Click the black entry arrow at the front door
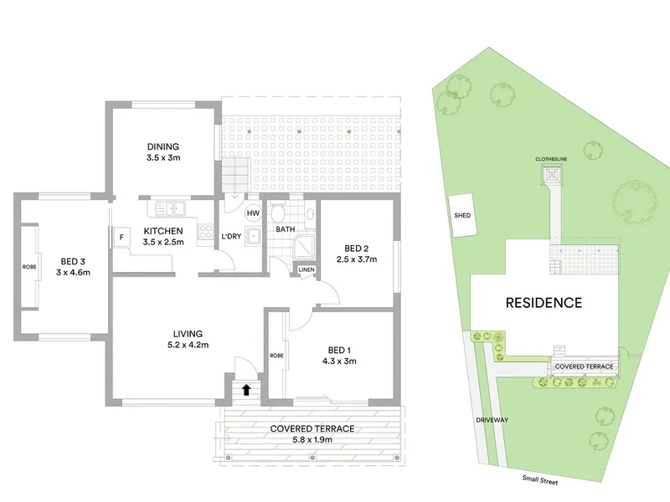pyautogui.click(x=246, y=390)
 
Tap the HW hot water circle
pyautogui.click(x=253, y=213)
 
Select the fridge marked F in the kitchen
pyautogui.click(x=121, y=238)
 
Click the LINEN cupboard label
pyautogui.click(x=307, y=269)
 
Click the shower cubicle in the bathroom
pyautogui.click(x=305, y=247)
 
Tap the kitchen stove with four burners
pyautogui.click(x=205, y=232)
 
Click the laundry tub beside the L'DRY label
pyautogui.click(x=254, y=238)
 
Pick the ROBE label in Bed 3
pyautogui.click(x=29, y=267)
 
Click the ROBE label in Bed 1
pyautogui.click(x=276, y=356)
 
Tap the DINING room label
pyautogui.click(x=163, y=146)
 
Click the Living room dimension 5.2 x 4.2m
pyautogui.click(x=188, y=345)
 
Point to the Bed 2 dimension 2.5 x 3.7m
pyautogui.click(x=357, y=259)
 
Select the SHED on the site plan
pyautogui.click(x=462, y=216)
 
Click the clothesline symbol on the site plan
pyautogui.click(x=552, y=175)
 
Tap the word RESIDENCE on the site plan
pyautogui.click(x=544, y=303)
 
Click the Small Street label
pyautogui.click(x=540, y=480)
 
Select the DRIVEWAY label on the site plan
pyautogui.click(x=492, y=420)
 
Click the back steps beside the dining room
pyautogui.click(x=235, y=174)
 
